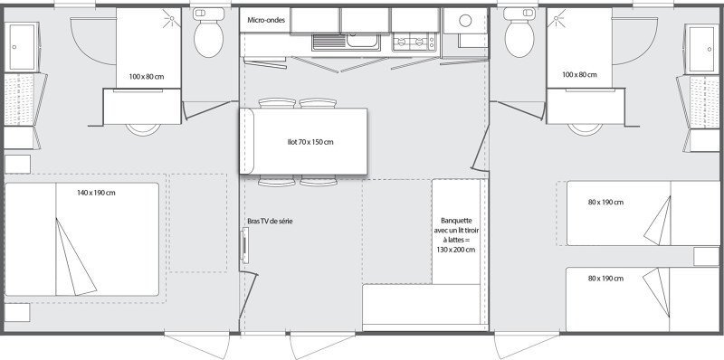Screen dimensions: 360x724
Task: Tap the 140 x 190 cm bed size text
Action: (96, 192)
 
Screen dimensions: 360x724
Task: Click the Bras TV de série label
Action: (270, 221)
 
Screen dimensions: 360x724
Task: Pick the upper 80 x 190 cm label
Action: (605, 203)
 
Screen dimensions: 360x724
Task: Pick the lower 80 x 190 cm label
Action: (605, 278)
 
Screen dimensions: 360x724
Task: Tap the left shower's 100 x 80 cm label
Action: (146, 75)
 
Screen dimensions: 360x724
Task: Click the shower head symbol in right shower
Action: (555, 18)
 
